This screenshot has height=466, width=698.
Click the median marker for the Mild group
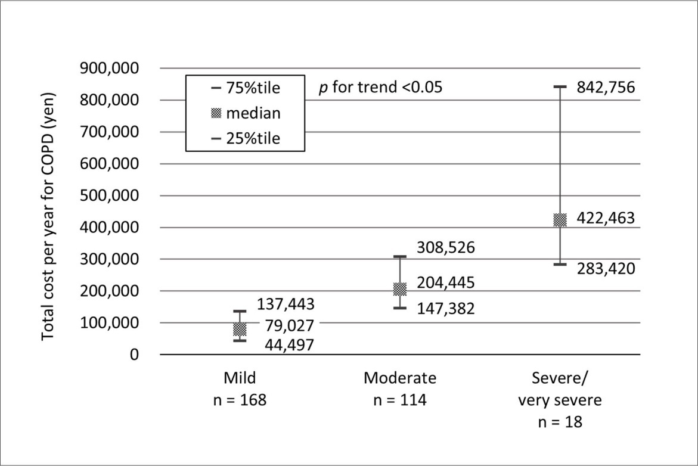tap(239, 330)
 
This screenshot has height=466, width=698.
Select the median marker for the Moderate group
tap(399, 289)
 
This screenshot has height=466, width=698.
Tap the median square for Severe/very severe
tap(560, 220)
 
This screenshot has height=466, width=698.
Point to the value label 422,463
tap(606, 219)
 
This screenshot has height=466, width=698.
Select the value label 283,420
tap(606, 269)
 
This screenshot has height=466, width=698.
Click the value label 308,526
tap(445, 247)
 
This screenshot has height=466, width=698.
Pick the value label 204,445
tap(445, 282)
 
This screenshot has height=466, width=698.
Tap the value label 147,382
tap(445, 309)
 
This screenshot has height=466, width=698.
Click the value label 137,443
tap(286, 304)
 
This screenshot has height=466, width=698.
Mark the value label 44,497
tap(286, 346)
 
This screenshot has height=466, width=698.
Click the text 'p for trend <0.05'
tap(381, 88)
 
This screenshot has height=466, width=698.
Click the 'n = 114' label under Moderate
tap(400, 400)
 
